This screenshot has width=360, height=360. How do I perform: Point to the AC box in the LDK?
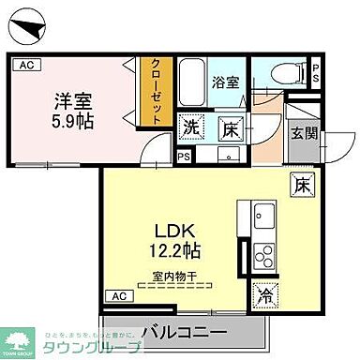[x=119, y=297]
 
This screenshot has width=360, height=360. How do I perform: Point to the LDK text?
[x=171, y=231]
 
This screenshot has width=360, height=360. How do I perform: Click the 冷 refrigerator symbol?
[x=265, y=295]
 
